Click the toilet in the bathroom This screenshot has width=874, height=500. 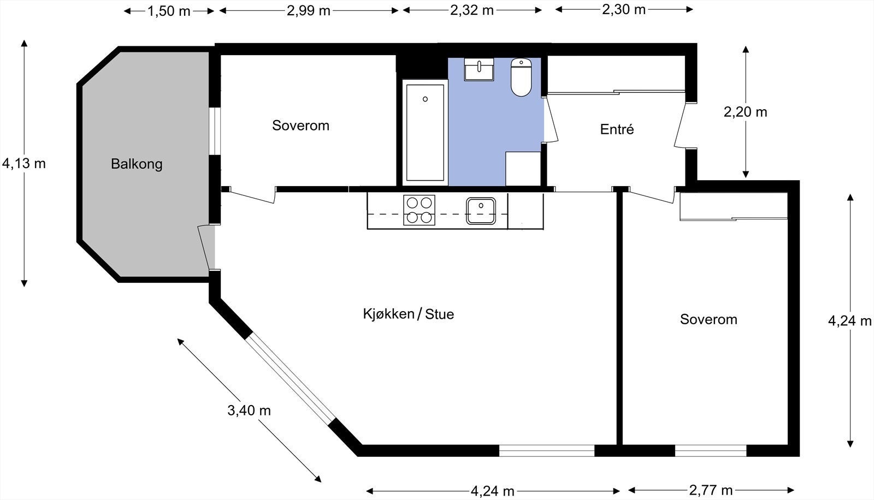point(521,78)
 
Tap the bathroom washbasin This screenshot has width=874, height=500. point(479,69)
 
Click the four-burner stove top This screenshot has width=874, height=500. point(419,210)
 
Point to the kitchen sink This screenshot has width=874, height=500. point(481,211)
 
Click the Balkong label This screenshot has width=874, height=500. point(137,164)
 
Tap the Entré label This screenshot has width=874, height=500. point(617,129)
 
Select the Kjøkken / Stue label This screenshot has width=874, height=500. point(409,314)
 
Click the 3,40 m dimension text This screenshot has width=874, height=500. point(249,410)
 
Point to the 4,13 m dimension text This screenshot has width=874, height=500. point(24,163)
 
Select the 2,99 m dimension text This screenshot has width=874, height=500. point(309,10)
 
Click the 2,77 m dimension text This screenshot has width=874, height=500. point(711,490)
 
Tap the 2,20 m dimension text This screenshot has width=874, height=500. point(745,112)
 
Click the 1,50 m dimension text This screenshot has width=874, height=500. point(169,11)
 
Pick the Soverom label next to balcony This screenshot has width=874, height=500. point(300,126)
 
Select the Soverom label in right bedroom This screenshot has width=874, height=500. point(708,319)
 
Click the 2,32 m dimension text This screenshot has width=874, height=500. point(472,10)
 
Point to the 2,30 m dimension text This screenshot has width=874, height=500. point(624,9)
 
